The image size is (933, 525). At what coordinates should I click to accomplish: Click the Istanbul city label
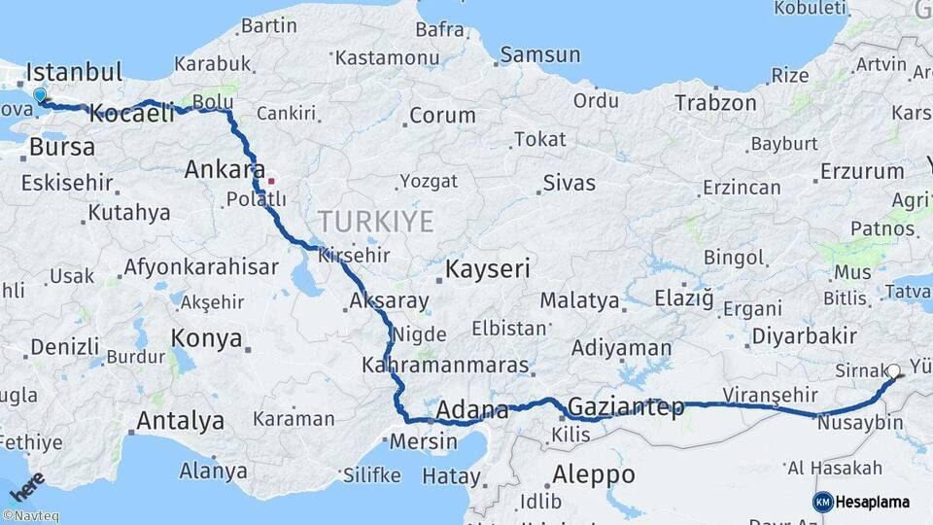pos(74,72)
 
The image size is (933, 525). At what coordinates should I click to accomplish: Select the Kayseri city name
pos(488,269)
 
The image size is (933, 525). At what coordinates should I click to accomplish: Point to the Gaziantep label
pos(625,406)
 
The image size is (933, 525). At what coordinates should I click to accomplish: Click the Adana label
pos(472,410)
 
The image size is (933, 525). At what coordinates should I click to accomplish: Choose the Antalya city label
pos(180,421)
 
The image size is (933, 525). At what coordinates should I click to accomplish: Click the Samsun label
pos(540,55)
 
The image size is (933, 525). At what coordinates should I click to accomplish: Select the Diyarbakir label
pos(804,336)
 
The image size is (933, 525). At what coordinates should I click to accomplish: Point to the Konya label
pos(206,338)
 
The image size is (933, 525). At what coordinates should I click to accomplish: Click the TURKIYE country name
pos(373,222)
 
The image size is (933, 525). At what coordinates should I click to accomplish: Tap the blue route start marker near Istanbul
pos(40,95)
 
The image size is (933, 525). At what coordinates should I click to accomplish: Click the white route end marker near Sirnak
pos(893,370)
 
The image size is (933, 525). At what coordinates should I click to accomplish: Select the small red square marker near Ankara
pos(271,180)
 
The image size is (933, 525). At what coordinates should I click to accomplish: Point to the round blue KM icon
pos(823,502)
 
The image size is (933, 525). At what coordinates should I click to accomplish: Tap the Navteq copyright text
pos(30,516)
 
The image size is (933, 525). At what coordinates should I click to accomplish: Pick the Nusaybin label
pos(860,424)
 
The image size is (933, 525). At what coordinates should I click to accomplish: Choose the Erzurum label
pos(862,172)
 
